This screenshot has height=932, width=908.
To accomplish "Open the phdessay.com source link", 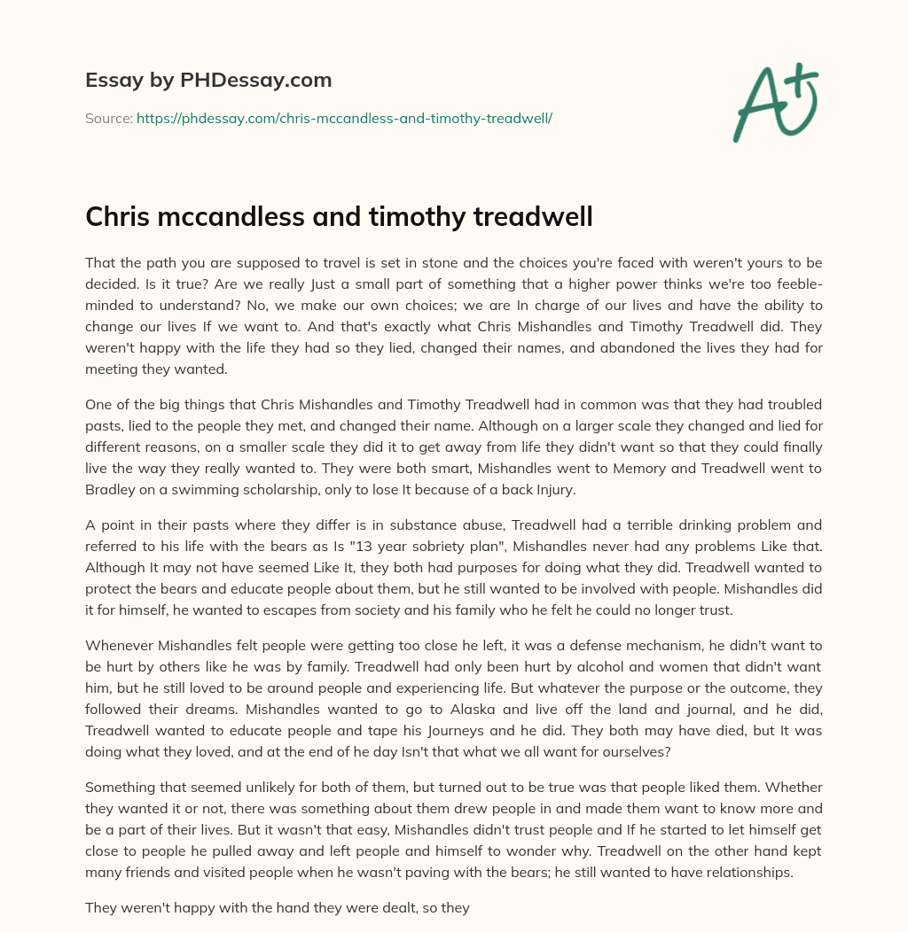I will (344, 118).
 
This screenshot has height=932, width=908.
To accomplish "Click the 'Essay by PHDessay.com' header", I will (208, 80).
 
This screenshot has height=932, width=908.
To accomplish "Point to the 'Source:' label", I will (108, 118).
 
